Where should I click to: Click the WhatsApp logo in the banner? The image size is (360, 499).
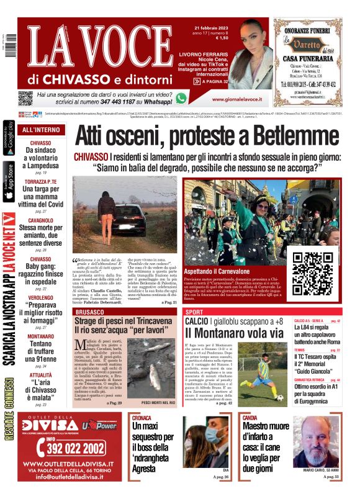pos(181,97)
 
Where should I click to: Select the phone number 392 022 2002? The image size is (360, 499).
pos(70,447)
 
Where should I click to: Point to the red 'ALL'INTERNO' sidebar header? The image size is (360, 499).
pos(41,130)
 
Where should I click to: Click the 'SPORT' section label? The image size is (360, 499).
pos(194,312)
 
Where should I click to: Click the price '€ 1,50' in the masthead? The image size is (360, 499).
pos(220,38)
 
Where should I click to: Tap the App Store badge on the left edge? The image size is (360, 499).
pos(8,182)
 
